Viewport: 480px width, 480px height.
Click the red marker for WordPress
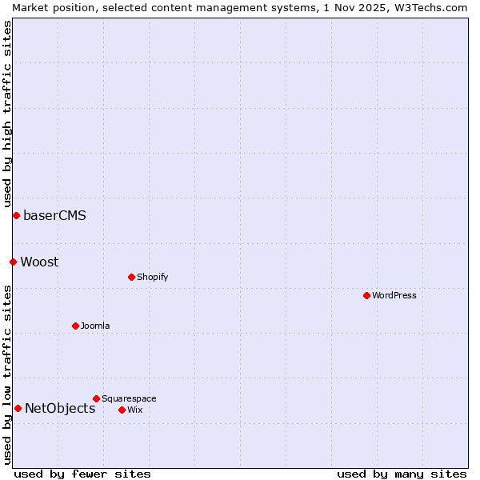click(x=366, y=295)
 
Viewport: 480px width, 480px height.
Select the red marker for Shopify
click(x=131, y=277)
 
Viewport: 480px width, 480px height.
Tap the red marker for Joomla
click(x=75, y=326)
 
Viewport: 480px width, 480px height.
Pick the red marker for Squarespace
click(x=96, y=398)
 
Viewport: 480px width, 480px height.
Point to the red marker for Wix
click(x=122, y=410)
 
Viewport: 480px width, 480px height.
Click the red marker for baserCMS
click(x=16, y=215)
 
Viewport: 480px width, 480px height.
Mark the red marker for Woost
click(x=13, y=262)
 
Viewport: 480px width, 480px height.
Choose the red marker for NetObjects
click(x=18, y=408)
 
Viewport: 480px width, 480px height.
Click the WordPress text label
click(x=394, y=295)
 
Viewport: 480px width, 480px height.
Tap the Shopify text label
click(x=152, y=277)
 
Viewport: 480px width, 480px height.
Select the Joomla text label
click(x=95, y=326)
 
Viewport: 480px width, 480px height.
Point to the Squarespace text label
click(x=129, y=398)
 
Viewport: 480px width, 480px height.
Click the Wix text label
click(x=134, y=410)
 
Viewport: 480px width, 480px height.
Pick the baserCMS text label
click(x=54, y=215)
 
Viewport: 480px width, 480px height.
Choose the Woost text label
click(x=39, y=262)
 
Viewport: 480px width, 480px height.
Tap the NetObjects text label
click(x=60, y=408)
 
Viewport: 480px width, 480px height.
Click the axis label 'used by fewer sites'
click(x=82, y=474)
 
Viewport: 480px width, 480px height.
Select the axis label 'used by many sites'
click(x=402, y=474)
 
